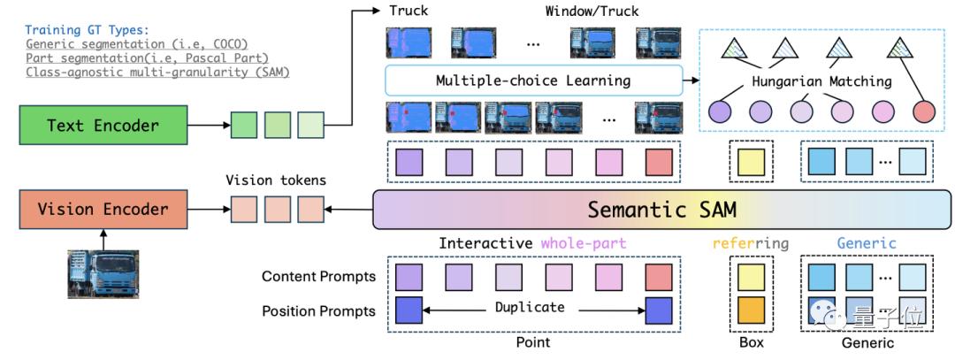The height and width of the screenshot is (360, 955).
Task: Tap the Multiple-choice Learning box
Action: pos(533,81)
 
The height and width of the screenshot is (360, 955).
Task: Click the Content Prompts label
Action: pos(318,277)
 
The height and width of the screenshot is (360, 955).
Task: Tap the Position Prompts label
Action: pos(318,311)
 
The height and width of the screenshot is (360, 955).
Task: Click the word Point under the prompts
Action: pos(532,342)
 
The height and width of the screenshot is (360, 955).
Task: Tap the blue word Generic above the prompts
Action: pos(867,243)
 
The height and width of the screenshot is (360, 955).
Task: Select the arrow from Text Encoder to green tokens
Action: pos(210,125)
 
